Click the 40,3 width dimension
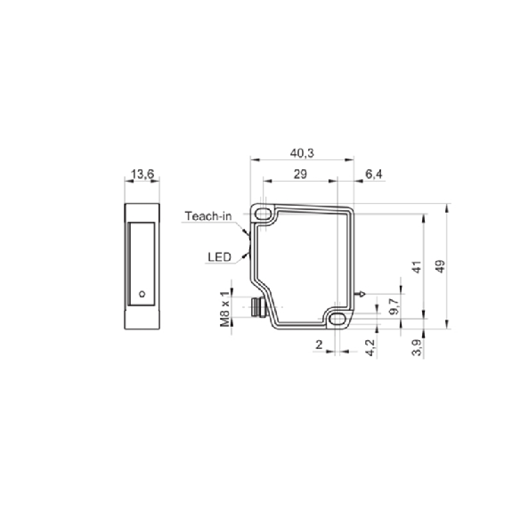click(302, 153)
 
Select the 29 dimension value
click(300, 174)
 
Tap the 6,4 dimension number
click(374, 174)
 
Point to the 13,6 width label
click(142, 174)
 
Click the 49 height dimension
click(441, 266)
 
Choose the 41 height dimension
click(417, 267)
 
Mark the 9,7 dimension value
click(394, 306)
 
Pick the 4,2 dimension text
click(370, 347)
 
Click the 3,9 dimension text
click(418, 347)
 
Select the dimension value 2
click(319, 345)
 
